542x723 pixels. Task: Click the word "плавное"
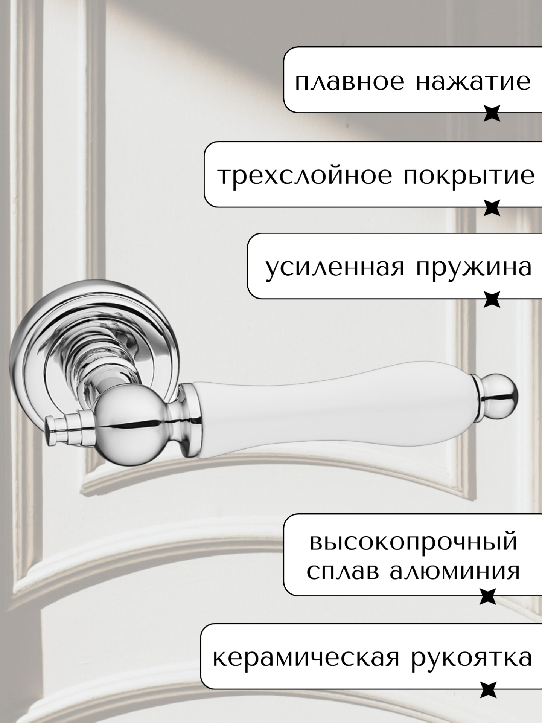coord(350,82)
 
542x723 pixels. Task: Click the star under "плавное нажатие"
coord(492,113)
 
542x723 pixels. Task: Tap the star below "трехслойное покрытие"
coord(492,208)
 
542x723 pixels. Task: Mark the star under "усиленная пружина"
coord(492,300)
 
